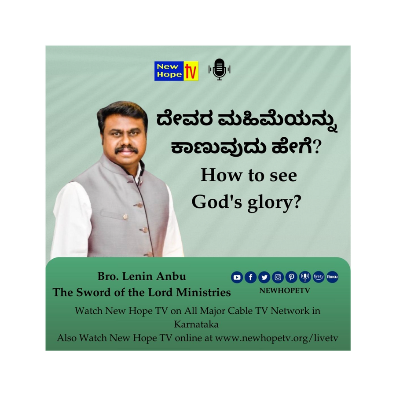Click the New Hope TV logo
[176, 71]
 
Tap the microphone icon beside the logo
[220, 70]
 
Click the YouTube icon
[237, 277]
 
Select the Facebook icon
[250, 277]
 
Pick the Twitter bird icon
[264, 277]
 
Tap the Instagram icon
[278, 277]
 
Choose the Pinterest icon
[291, 277]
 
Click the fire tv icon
[319, 277]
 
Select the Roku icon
[332, 277]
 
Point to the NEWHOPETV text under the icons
[285, 291]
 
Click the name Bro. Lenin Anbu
[142, 276]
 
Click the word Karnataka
[196, 324]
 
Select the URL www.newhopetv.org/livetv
[277, 338]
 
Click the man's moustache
[127, 149]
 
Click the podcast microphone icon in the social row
[305, 277]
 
